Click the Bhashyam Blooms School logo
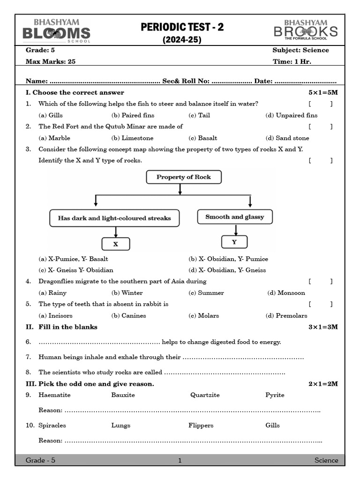coord(56,30)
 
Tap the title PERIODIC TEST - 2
coord(182,28)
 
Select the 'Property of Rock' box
coord(183,177)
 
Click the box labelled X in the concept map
coord(116,244)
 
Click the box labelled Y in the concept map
coord(234,242)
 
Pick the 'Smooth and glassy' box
coord(234,217)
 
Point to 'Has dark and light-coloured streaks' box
coord(114,218)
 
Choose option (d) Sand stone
coord(287,138)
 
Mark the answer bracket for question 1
coord(321,104)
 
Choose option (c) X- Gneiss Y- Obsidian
coord(76,270)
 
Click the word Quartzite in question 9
coord(205,395)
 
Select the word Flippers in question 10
coord(201,426)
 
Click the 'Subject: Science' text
coord(300,50)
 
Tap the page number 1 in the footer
coord(180,460)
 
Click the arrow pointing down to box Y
coord(236,230)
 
